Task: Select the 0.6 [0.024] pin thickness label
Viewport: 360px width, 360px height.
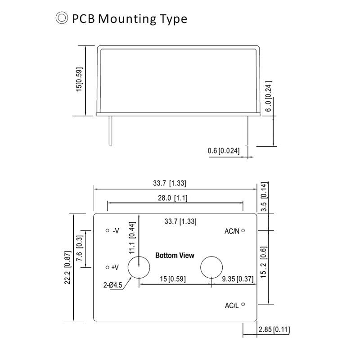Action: [x=224, y=150]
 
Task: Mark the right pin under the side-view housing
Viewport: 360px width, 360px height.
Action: [x=246, y=130]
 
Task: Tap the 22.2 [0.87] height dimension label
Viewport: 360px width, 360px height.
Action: [x=67, y=268]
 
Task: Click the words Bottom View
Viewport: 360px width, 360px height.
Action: [x=175, y=256]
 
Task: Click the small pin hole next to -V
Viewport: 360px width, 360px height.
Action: [x=107, y=230]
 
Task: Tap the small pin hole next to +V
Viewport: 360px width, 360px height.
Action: [x=107, y=267]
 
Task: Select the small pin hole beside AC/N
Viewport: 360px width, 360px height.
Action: [x=243, y=230]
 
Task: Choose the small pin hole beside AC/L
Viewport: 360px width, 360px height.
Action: [x=243, y=305]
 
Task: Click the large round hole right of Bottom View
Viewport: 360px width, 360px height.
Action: [x=211, y=267]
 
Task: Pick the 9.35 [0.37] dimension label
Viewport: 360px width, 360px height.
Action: [x=238, y=279]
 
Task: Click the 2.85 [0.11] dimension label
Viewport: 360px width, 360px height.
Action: [x=274, y=330]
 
